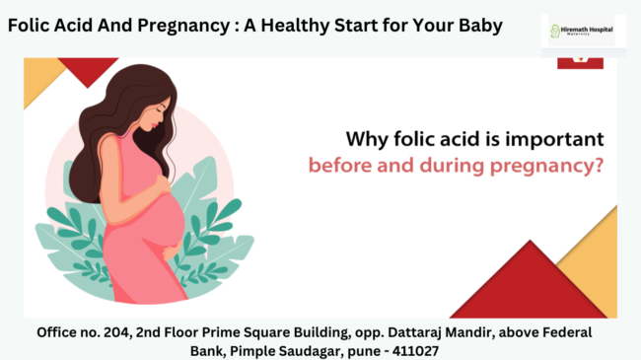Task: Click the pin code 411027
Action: click(413, 350)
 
